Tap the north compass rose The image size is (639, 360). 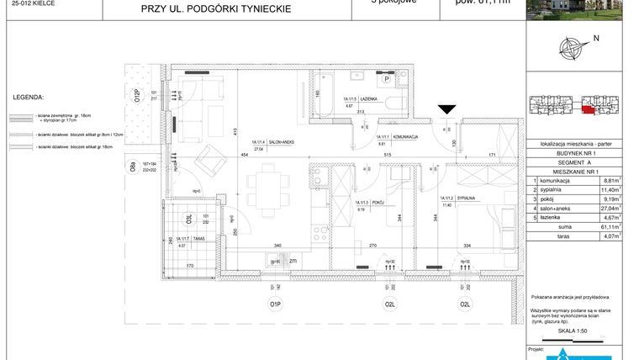(x=575, y=47)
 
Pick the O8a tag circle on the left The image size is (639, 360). (x=132, y=167)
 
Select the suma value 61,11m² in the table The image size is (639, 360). (x=607, y=227)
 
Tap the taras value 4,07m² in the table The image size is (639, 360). (x=607, y=236)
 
